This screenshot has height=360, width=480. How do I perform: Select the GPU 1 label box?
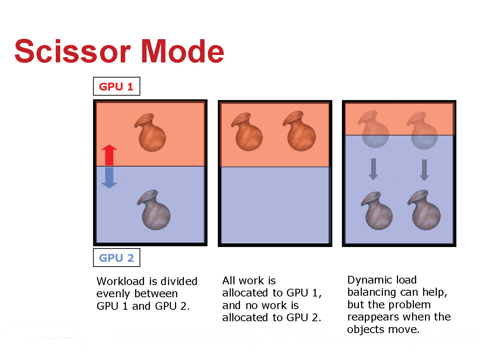pos(116,86)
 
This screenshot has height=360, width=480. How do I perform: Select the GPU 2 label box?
pos(116,258)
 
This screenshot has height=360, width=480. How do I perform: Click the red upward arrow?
pos(109,155)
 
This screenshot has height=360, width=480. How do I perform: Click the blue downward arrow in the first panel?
pos(109,178)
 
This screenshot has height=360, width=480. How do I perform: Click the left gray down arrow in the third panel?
pos(373,169)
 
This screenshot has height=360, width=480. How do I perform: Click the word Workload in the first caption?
pos(121,281)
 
